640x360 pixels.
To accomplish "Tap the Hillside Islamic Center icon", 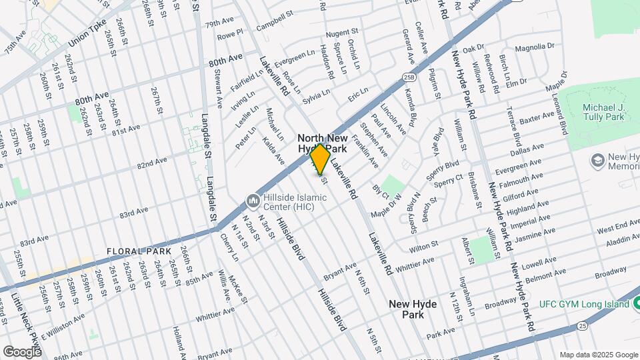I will (253, 200).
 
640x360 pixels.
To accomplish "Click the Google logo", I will (22, 351).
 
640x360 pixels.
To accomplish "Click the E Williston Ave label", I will (63, 323).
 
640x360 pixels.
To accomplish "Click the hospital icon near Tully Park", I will (597, 161).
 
